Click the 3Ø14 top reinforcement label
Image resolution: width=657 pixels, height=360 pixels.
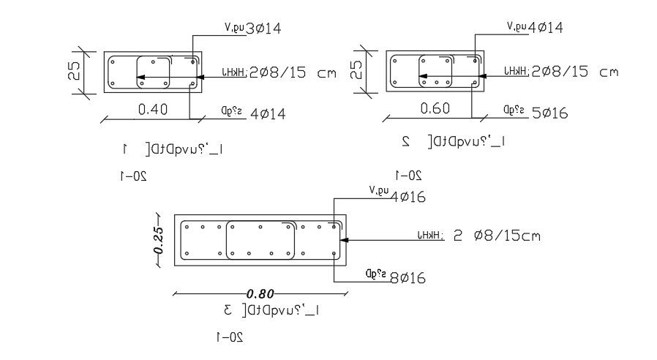pyautogui.click(x=264, y=29)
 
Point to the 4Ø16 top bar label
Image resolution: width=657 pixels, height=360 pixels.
pyautogui.click(x=408, y=197)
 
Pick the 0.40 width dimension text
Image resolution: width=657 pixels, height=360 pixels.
pyautogui.click(x=153, y=110)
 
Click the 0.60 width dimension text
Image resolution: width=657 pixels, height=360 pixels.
pyautogui.click(x=435, y=108)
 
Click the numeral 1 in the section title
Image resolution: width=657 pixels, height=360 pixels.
pyautogui.click(x=125, y=149)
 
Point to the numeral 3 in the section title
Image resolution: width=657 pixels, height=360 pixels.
pyautogui.click(x=228, y=311)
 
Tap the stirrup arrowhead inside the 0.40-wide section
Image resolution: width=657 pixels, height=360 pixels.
pyautogui.click(x=141, y=76)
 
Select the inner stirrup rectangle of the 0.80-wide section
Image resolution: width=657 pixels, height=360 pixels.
pyautogui.click(x=261, y=240)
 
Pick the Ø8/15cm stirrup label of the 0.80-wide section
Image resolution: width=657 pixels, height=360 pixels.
pyautogui.click(x=505, y=236)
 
